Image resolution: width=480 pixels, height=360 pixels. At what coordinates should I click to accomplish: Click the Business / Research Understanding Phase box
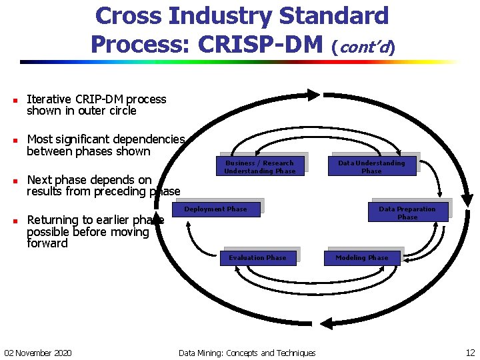coord(259,167)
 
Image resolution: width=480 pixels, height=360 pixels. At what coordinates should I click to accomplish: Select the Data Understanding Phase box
coord(371,167)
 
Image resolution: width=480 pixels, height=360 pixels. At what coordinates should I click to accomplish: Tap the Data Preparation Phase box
coord(407,213)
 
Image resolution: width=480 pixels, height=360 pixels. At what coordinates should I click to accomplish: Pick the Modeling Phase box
coord(361,258)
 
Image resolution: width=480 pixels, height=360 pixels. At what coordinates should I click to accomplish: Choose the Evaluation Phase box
coord(257,258)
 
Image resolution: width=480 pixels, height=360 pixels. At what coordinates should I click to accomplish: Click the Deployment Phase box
coord(215,209)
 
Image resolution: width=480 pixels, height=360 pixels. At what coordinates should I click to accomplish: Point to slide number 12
coord(470,353)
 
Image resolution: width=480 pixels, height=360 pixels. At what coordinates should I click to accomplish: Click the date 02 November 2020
coord(38,353)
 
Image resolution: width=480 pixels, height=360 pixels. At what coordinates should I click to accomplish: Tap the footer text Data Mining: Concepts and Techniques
coord(247,353)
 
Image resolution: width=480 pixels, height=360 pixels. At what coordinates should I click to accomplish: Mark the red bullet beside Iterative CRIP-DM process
coord(15,100)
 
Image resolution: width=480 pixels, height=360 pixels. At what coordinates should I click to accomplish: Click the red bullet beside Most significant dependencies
coord(15,140)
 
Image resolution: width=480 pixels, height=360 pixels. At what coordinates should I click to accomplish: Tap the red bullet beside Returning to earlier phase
coord(15,221)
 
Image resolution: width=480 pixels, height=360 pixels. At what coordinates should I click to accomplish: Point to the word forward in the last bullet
coord(47,243)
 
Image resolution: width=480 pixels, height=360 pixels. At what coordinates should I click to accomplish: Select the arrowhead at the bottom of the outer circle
coord(326,324)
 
